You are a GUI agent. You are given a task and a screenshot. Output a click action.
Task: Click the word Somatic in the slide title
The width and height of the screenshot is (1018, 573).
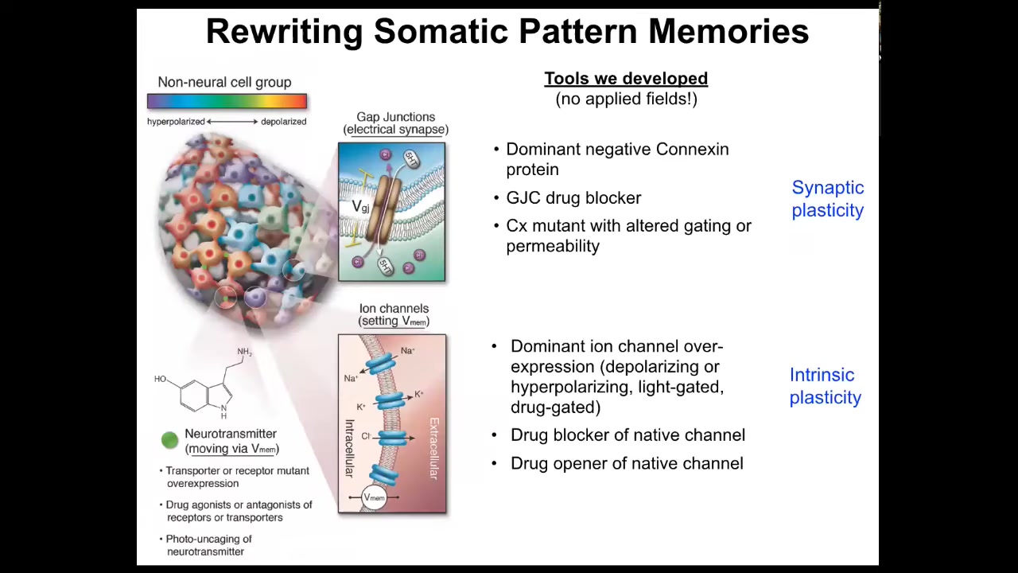click(441, 31)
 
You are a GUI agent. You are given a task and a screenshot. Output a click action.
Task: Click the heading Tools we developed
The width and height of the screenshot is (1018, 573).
click(626, 78)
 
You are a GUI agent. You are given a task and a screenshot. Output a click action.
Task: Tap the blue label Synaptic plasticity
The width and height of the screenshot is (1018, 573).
click(828, 199)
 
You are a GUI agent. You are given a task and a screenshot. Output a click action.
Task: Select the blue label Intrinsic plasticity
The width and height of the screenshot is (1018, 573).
click(826, 386)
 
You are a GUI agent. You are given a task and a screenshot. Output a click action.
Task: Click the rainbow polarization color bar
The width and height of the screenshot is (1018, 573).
click(227, 101)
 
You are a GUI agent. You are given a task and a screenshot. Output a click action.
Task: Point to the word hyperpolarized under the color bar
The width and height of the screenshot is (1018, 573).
click(176, 122)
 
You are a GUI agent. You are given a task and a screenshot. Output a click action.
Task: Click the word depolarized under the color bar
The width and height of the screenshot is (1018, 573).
click(284, 122)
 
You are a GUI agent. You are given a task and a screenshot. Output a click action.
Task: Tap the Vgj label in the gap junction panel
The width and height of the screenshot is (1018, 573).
click(360, 207)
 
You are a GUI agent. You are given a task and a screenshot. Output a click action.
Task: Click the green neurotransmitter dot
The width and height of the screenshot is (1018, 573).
click(170, 440)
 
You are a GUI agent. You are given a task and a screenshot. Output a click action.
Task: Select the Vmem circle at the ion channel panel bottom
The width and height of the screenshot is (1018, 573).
click(374, 497)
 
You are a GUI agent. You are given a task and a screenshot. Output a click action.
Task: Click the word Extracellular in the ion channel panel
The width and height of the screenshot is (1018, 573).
click(434, 448)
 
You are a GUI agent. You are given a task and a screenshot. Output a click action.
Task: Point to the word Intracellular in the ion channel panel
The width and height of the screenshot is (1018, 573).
click(349, 448)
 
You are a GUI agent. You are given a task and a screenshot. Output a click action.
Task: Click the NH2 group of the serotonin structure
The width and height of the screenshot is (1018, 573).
click(244, 352)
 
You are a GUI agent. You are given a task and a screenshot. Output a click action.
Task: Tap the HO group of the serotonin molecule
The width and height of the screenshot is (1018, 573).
click(160, 379)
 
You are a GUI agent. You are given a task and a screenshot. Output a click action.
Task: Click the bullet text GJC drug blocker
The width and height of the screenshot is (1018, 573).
click(573, 198)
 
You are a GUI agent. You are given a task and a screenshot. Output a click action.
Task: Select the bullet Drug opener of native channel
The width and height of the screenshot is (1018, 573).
click(627, 463)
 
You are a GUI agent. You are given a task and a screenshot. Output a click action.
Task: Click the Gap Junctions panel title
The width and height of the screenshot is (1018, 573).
click(396, 123)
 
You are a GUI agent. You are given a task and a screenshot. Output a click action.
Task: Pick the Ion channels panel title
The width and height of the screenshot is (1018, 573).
click(394, 314)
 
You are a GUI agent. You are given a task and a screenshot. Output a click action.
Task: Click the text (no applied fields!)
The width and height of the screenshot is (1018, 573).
click(626, 99)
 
